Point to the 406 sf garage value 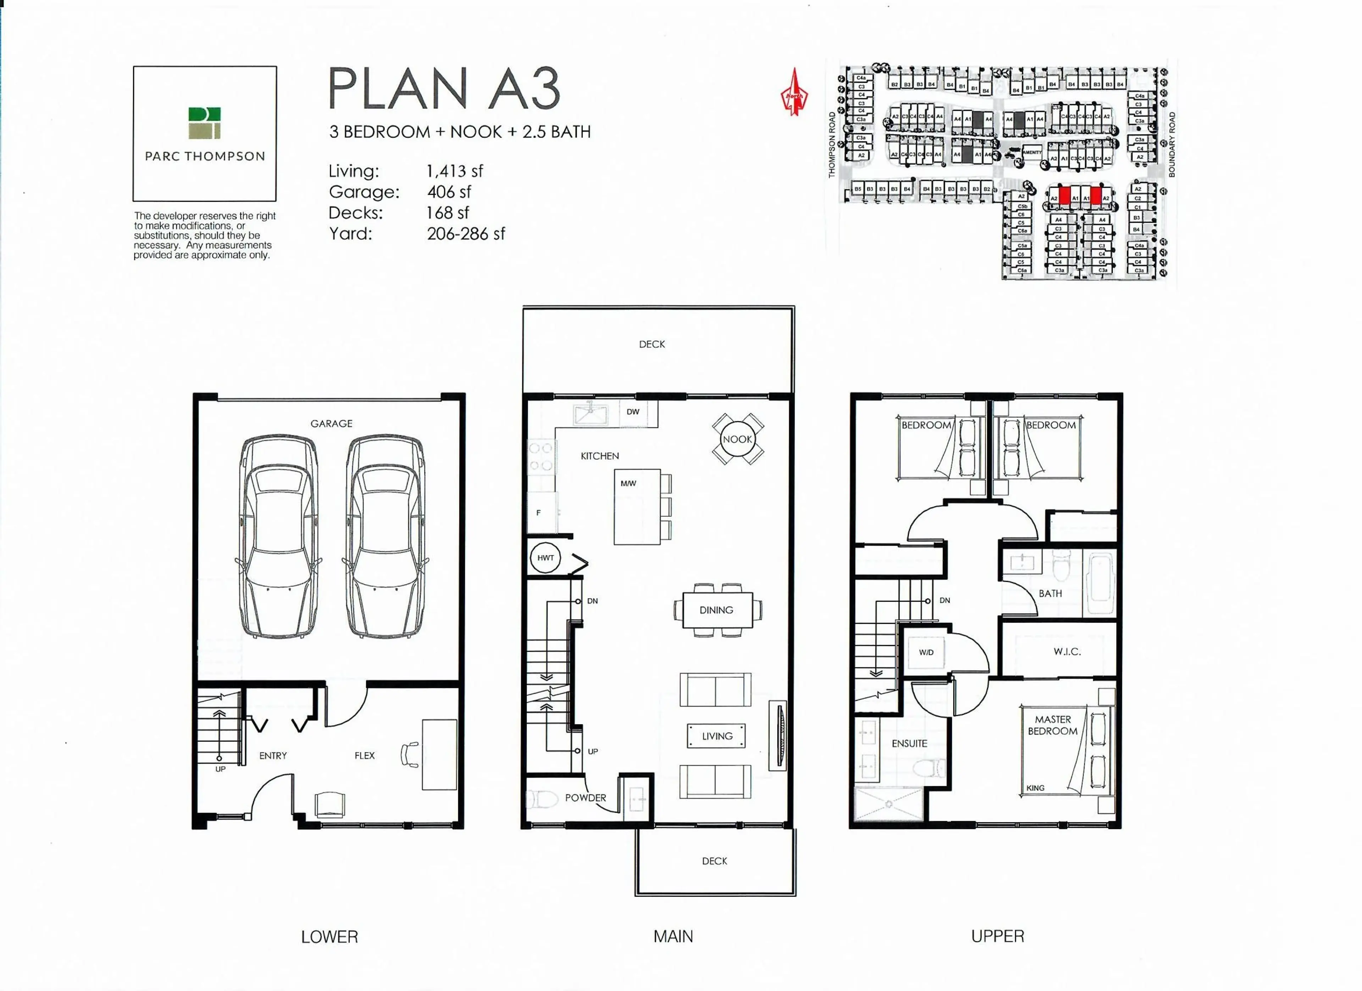coord(449,192)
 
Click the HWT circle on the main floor coord(545,558)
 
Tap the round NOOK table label coord(737,439)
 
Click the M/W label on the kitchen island coord(628,483)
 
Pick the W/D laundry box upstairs coord(926,652)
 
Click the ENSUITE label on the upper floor coord(909,743)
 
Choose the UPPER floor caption coord(997,936)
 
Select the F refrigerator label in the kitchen coord(538,513)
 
